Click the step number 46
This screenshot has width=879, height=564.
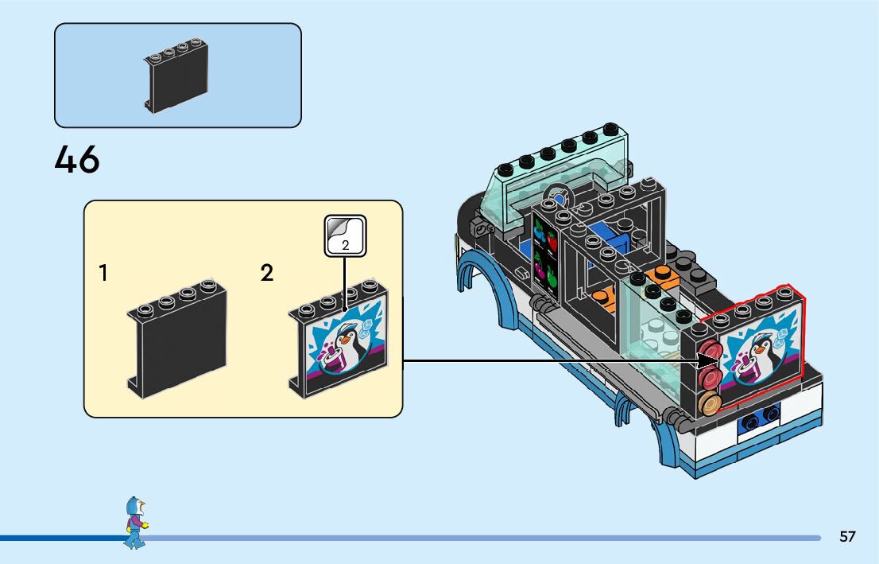coord(77,159)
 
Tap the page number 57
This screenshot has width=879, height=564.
coord(847,536)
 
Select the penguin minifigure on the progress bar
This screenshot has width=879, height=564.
coord(134,523)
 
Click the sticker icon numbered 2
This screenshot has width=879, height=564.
coord(345,236)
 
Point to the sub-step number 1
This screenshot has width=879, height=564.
coord(103,274)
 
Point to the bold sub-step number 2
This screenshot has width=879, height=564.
coord(267,274)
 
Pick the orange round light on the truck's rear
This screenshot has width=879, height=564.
coord(710,403)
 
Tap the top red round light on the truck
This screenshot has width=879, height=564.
coord(709,351)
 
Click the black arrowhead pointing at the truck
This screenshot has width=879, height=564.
coord(707,361)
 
